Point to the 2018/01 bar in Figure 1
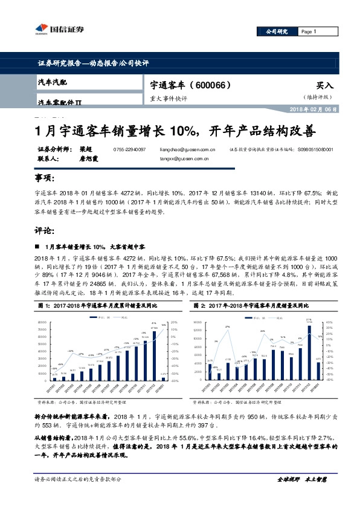[x=162, y=379]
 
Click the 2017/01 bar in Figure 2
[x=210, y=372]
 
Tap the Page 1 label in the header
[x=308, y=31]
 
